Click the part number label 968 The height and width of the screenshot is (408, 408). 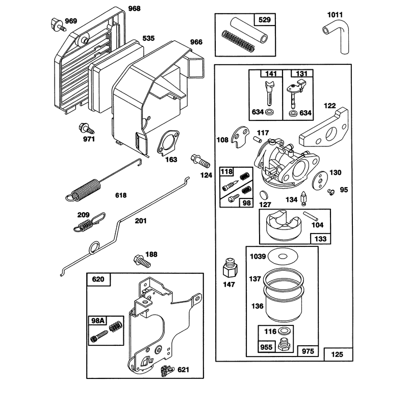134,9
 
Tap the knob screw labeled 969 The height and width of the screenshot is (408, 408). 57,24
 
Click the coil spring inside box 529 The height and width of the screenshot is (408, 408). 238,41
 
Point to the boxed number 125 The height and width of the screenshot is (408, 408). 337,354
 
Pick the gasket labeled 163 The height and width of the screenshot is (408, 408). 168,143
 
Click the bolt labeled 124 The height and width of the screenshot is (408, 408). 200,161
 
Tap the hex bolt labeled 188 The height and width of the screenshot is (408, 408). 142,261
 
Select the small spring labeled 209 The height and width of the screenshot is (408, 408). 89,222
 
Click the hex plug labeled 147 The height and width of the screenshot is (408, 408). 230,268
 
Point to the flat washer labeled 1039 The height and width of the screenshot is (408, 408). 282,257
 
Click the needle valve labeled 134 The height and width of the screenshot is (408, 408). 303,199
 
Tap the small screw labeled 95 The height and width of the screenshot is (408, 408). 330,192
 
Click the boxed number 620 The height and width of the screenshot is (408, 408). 98,279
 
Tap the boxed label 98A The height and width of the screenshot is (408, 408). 97,321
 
